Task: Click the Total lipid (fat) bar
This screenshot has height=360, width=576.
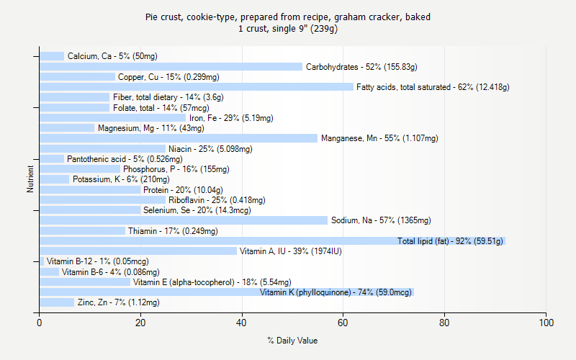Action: tap(272, 241)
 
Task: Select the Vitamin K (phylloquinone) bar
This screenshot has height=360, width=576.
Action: tap(226, 292)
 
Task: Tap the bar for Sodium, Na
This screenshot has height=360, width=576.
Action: tap(184, 220)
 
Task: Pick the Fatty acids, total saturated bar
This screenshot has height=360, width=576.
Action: tap(196, 87)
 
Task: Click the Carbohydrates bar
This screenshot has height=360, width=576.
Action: tap(171, 67)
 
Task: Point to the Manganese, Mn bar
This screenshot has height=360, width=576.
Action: tap(179, 138)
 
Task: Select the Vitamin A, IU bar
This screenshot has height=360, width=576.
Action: tap(138, 251)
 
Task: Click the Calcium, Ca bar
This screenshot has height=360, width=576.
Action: tap(52, 56)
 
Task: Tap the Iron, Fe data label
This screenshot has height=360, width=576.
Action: tap(231, 118)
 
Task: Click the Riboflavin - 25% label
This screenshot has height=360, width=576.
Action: tap(217, 200)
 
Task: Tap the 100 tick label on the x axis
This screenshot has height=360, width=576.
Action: tap(546, 323)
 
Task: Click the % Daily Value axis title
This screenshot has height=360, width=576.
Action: tap(292, 341)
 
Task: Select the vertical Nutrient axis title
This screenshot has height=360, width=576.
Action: tap(30, 179)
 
